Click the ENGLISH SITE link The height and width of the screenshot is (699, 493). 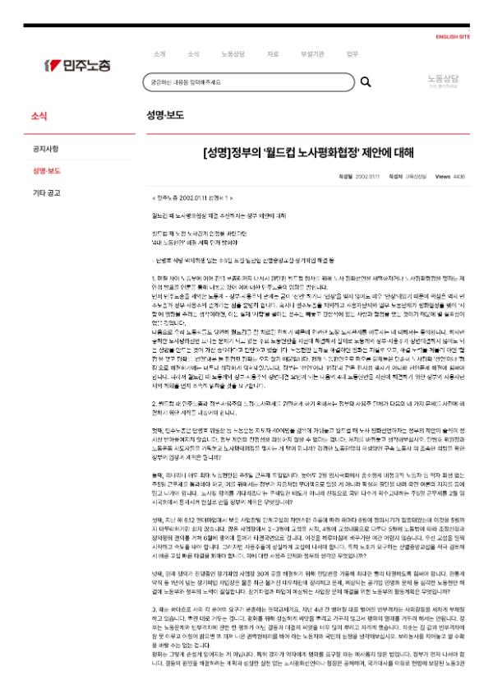click(x=453, y=37)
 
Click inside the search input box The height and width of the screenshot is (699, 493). click(x=246, y=82)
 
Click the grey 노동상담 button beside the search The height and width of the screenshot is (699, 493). click(x=443, y=81)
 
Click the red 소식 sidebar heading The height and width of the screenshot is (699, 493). click(x=39, y=116)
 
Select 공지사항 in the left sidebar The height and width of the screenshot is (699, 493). click(x=45, y=149)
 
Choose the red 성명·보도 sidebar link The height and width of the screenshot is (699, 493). click(x=47, y=171)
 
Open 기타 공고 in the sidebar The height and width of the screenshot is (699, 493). click(x=46, y=193)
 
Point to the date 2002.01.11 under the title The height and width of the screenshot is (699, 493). click(x=367, y=176)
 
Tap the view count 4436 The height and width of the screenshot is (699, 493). click(x=458, y=176)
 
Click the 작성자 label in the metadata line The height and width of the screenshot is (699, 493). click(x=396, y=176)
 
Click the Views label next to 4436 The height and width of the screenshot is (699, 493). click(x=442, y=176)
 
